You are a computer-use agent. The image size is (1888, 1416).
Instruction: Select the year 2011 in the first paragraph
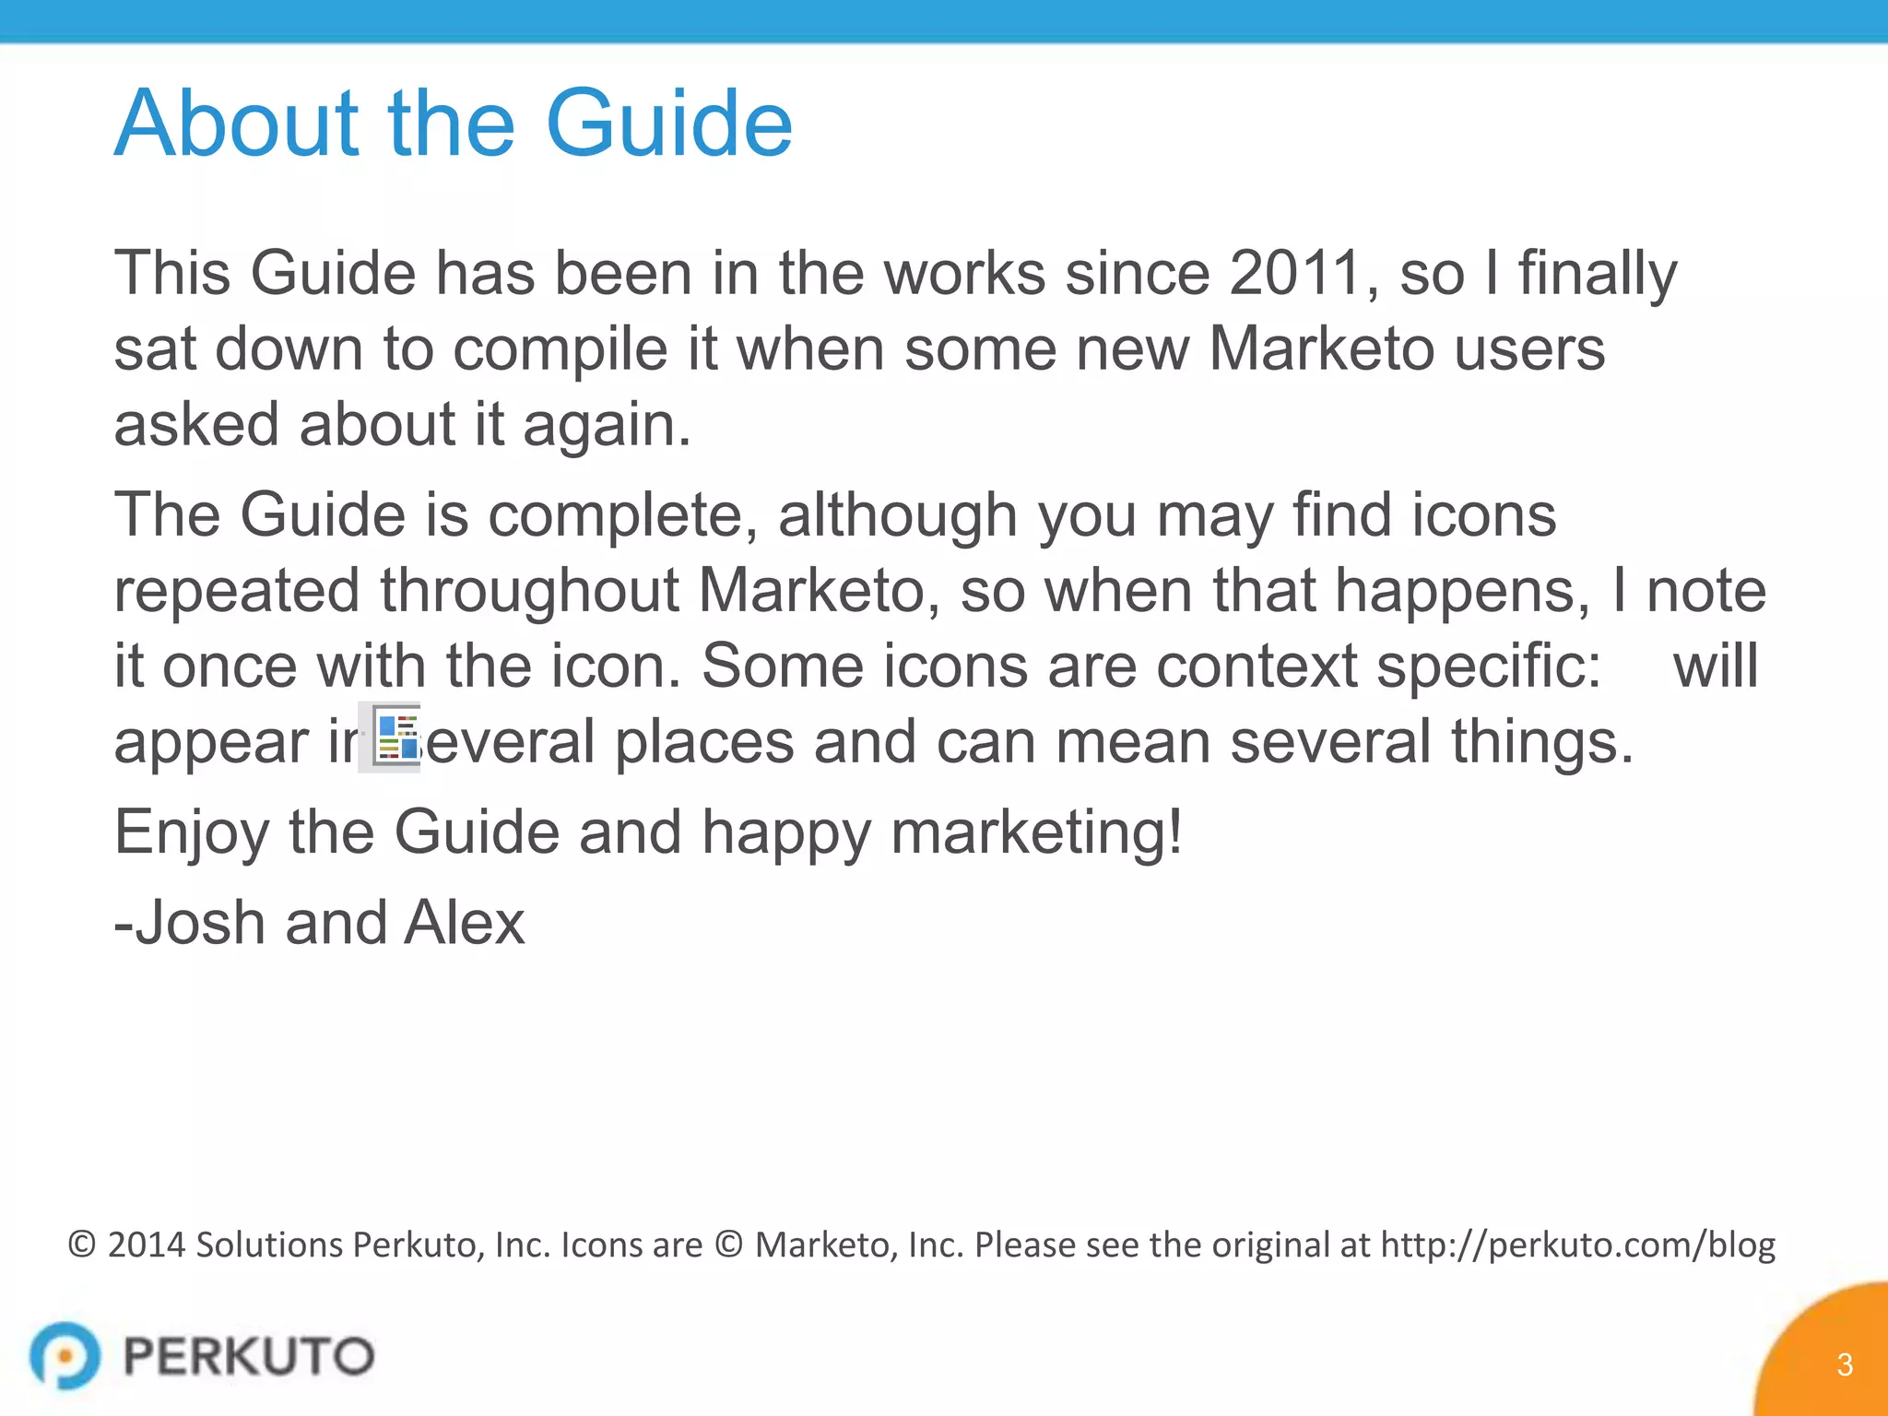[1295, 273]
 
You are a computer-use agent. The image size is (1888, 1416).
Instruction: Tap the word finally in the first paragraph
[1598, 275]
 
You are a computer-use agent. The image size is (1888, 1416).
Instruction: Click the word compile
[560, 350]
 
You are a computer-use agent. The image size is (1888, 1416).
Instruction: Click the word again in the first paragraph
[607, 426]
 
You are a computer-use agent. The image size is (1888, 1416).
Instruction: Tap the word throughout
[529, 591]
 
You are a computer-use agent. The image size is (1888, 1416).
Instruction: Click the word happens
[1462, 591]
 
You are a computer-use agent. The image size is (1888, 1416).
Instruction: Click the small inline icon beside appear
[395, 737]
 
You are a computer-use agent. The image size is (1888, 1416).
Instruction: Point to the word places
[704, 742]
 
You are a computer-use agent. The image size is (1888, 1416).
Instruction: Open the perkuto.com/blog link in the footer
[1577, 1245]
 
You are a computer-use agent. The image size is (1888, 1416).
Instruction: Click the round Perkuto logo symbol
[65, 1355]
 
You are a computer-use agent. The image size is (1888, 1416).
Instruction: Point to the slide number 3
[1844, 1364]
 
